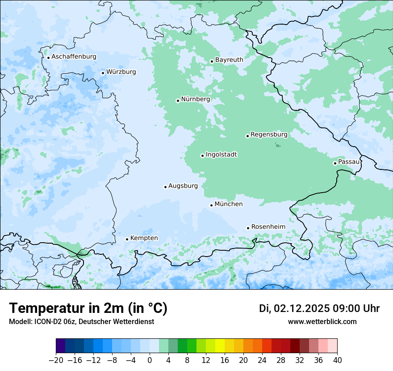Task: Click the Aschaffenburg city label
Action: [x=74, y=57]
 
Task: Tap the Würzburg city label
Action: [x=121, y=72]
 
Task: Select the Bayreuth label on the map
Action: [x=229, y=60]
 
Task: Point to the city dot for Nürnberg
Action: [x=178, y=101]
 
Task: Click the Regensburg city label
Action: [x=269, y=135]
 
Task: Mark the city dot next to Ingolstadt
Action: [x=202, y=156]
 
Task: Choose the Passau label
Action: [x=348, y=162]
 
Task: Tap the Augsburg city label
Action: [x=183, y=186]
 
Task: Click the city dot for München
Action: [x=211, y=205]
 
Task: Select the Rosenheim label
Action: [x=268, y=227]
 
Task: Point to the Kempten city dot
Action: [x=127, y=239]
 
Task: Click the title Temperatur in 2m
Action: [x=88, y=308]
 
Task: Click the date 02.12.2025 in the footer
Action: [x=302, y=308]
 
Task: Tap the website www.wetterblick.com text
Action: [x=322, y=321]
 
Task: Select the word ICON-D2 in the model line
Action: [x=45, y=321]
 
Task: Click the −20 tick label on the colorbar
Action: [x=56, y=360]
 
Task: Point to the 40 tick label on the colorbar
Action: [x=337, y=360]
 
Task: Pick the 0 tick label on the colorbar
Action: [x=150, y=360]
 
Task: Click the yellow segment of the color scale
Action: [x=220, y=346]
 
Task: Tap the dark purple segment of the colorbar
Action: [x=61, y=346]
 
